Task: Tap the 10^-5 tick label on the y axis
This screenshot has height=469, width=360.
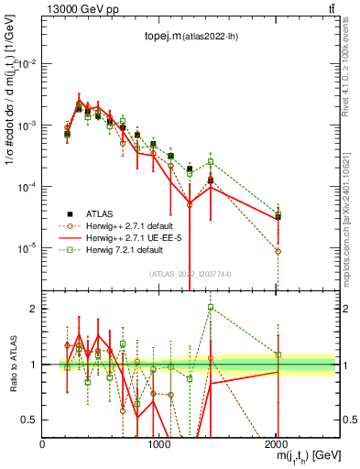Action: [x=27, y=248]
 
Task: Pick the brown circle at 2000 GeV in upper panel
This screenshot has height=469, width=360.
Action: [x=278, y=251]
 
